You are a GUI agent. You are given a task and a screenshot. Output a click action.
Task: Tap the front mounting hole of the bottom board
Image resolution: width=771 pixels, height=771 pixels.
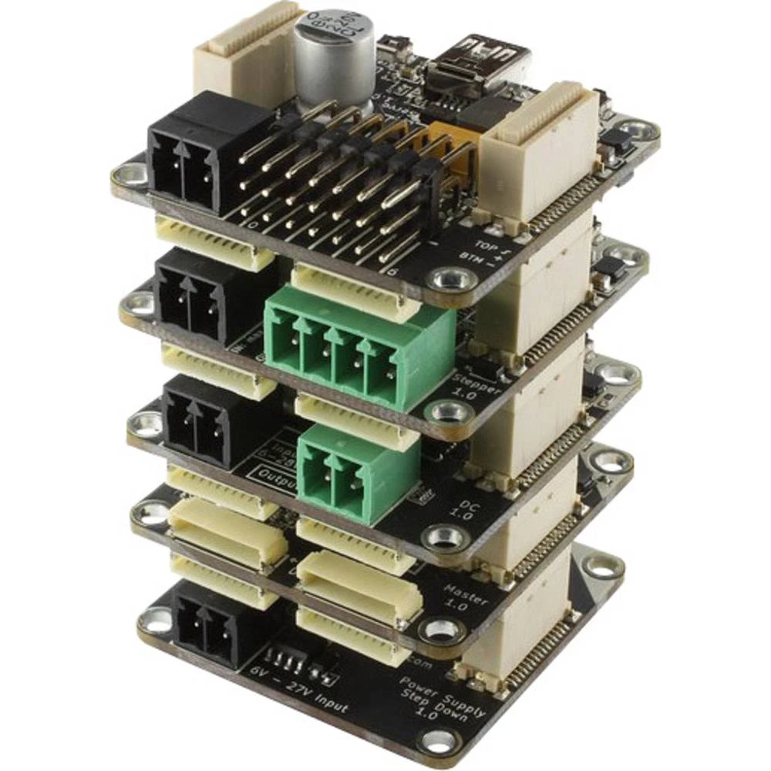pos(439,742)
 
